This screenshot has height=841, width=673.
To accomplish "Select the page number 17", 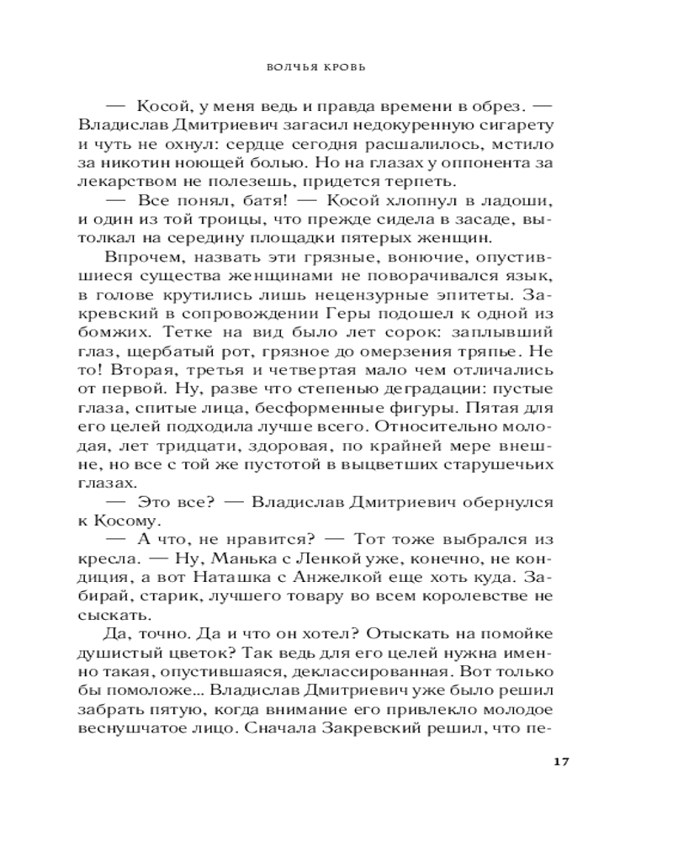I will [563, 762].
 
